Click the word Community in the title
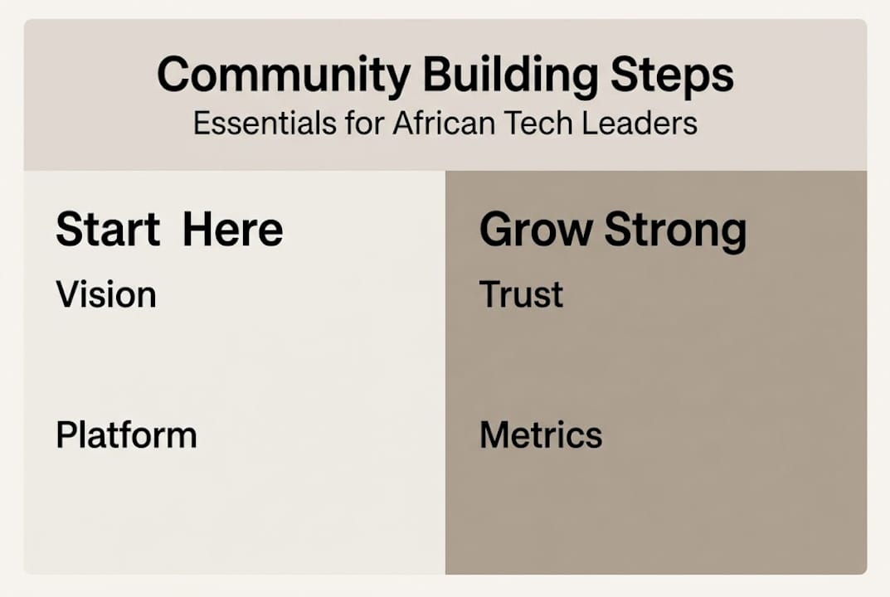tap(283, 75)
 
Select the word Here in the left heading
tap(232, 229)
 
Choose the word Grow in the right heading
tap(536, 229)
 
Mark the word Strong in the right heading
tap(675, 231)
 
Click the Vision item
tap(105, 294)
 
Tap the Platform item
tap(126, 435)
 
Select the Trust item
tap(521, 294)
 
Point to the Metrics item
tap(541, 435)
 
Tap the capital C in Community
tap(174, 75)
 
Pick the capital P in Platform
tap(66, 435)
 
